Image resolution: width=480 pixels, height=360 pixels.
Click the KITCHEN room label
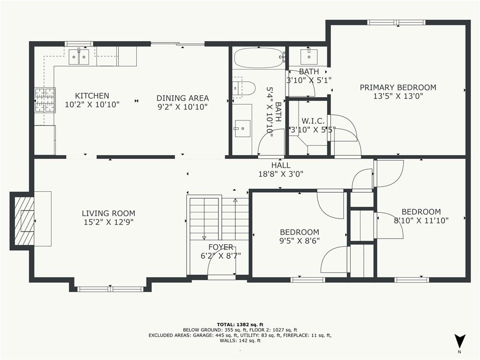(92, 96)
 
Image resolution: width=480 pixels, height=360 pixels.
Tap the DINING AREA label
(182, 98)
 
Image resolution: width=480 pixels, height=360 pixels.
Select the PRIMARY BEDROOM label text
(398, 88)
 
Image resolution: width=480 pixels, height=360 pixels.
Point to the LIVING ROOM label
(108, 213)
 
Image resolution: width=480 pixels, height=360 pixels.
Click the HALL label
(281, 165)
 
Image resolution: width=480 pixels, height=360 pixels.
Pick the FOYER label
(221, 247)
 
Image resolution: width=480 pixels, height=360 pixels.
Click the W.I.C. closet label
(313, 121)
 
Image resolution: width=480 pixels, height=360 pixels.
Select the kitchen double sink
(79, 57)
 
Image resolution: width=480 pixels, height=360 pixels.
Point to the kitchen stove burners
(45, 100)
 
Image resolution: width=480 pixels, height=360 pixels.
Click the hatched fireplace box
(24, 220)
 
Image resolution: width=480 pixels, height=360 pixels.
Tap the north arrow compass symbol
(459, 341)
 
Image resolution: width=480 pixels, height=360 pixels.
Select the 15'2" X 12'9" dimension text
(108, 222)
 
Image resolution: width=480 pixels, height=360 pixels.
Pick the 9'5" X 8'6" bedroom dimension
(300, 241)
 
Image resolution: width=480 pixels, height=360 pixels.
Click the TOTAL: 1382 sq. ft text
(240, 324)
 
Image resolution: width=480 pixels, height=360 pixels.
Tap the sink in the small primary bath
(309, 57)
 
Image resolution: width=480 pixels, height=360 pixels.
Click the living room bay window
(110, 289)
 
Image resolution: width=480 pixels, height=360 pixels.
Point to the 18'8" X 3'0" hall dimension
(281, 174)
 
